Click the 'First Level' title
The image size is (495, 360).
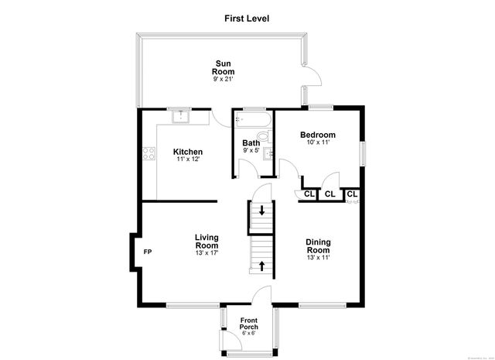[247, 17]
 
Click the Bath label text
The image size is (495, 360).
[251, 142]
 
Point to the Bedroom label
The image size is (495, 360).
[318, 135]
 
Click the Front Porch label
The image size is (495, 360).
[248, 324]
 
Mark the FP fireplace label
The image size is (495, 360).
[148, 252]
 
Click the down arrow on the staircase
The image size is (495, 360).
[261, 210]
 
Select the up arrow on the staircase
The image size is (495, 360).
[261, 266]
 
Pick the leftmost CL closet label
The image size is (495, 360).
[307, 194]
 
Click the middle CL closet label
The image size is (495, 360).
[329, 194]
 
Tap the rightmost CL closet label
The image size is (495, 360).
[352, 194]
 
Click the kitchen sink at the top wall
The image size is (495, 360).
[181, 116]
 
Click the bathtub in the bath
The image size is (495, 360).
[252, 119]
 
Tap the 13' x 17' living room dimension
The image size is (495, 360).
[206, 253]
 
